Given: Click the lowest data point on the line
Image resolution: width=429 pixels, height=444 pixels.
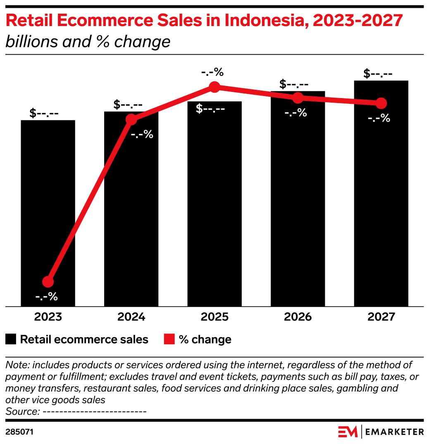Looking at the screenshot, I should [x=48, y=282].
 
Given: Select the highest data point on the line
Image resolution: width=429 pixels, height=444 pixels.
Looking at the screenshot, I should [x=214, y=86].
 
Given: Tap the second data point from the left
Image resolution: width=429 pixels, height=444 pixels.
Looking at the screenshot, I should [x=131, y=120].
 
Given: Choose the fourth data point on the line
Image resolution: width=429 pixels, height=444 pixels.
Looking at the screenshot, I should [x=298, y=98].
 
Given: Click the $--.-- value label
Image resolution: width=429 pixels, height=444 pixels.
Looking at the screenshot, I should [x=210, y=109].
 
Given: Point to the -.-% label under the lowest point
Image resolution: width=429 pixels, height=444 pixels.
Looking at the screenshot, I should [x=46, y=297].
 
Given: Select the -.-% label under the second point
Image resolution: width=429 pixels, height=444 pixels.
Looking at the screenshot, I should [x=142, y=134].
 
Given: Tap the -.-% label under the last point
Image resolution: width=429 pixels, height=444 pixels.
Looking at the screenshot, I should [x=379, y=118].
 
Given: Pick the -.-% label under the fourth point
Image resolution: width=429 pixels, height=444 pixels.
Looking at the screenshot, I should [x=296, y=113].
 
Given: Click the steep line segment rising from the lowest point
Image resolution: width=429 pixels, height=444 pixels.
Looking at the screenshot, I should [x=89, y=201].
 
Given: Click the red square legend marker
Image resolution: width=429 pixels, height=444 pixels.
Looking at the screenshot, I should [x=169, y=339].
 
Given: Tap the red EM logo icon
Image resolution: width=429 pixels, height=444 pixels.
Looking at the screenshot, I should [x=348, y=432].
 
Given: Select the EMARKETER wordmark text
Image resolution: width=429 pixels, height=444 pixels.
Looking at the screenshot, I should [x=395, y=432].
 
